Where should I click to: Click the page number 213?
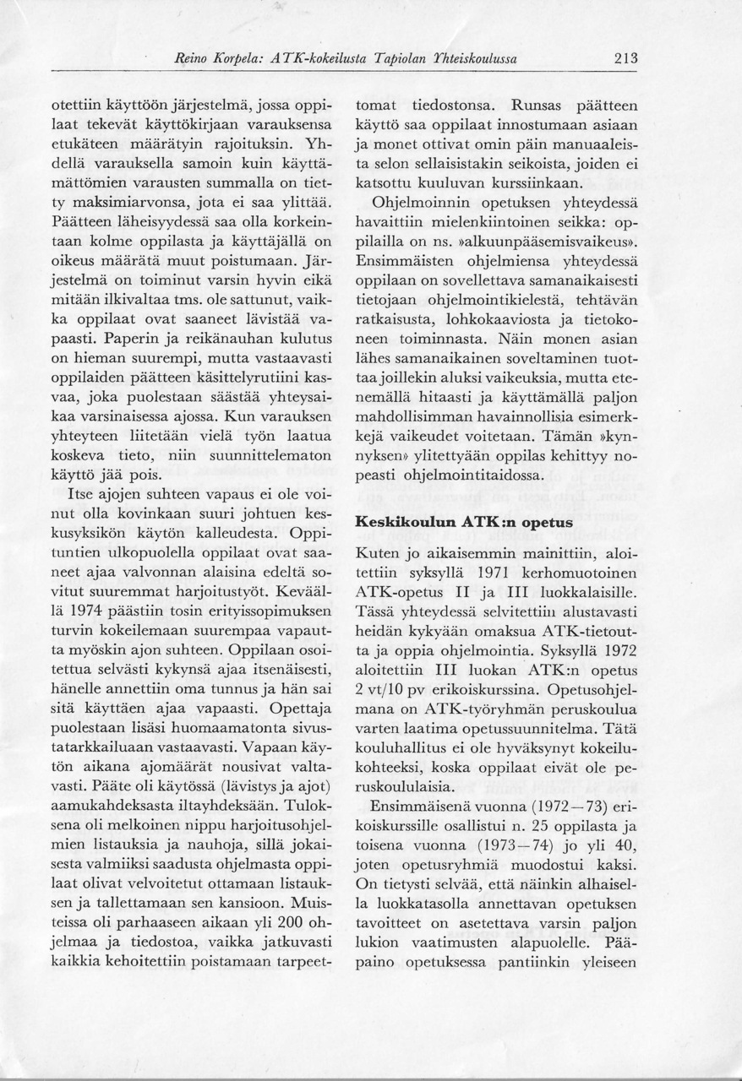pyautogui.click(x=625, y=59)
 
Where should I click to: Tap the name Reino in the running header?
pyautogui.click(x=191, y=59)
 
